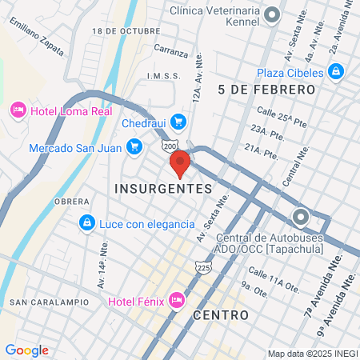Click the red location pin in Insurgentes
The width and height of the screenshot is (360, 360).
click(180, 162)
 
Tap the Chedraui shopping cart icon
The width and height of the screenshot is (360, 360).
click(179, 122)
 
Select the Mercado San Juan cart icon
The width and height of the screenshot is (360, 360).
click(134, 146)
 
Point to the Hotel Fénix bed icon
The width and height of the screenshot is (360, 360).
click(177, 302)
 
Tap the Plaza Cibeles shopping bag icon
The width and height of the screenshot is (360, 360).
click(337, 72)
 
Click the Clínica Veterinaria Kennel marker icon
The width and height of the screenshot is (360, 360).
click(273, 14)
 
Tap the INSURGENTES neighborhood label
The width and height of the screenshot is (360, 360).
click(163, 189)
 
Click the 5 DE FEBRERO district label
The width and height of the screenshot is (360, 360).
click(266, 90)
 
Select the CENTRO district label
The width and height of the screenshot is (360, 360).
click(221, 315)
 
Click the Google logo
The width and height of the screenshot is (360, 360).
click(26, 350)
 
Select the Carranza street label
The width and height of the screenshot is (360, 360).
click(171, 52)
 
